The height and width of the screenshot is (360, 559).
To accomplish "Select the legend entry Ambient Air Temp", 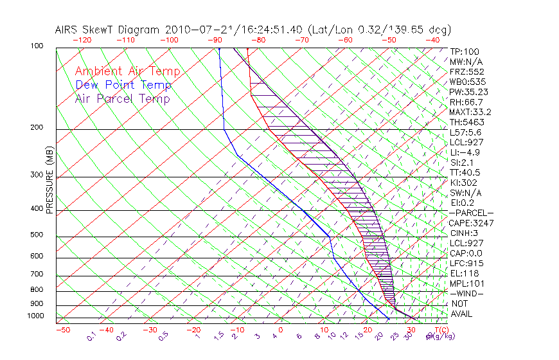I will click(128, 71).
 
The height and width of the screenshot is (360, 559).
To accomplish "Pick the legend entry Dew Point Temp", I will click(123, 85).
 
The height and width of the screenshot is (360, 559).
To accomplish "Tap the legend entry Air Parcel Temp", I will click(123, 98).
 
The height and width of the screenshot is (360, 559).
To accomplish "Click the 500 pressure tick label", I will click(36, 235).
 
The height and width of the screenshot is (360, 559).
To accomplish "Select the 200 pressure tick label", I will click(36, 128).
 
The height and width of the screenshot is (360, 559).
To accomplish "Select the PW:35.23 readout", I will click(467, 92).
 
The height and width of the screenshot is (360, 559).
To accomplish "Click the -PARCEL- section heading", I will click(472, 213).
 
